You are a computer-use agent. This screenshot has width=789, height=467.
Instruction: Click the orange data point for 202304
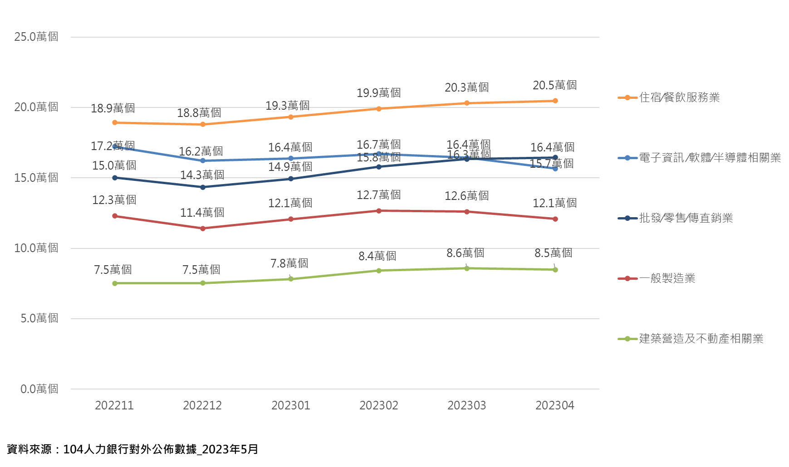pyautogui.click(x=555, y=101)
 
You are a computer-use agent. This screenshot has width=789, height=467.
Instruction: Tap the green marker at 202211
pyautogui.click(x=115, y=283)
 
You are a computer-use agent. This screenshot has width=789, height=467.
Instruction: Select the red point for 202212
pyautogui.click(x=203, y=229)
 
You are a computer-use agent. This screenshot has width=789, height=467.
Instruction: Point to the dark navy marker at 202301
pyautogui.click(x=291, y=179)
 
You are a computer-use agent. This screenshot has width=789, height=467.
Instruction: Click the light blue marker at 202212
pyautogui.click(x=203, y=161)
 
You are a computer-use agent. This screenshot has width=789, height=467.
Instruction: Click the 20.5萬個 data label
pyautogui.click(x=554, y=85)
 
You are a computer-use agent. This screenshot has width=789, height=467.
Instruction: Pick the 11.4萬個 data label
pyautogui.click(x=202, y=212)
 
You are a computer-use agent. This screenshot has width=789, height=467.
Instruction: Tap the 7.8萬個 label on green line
pyautogui.click(x=289, y=263)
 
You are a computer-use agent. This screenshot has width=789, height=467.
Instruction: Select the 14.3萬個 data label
pyautogui.click(x=202, y=175)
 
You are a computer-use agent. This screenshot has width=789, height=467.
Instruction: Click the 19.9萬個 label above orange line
pyautogui.click(x=378, y=93)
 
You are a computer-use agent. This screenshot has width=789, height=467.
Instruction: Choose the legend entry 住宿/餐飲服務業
pyautogui.click(x=679, y=97)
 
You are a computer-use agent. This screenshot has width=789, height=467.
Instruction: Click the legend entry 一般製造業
pyautogui.click(x=667, y=278)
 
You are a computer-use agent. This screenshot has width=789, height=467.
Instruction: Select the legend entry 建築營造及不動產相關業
pyautogui.click(x=701, y=339)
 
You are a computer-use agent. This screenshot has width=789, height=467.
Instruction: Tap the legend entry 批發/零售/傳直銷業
pyautogui.click(x=686, y=218)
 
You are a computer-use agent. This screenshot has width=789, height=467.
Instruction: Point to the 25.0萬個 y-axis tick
pyautogui.click(x=36, y=37)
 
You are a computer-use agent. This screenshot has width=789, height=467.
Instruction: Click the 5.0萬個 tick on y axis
pyautogui.click(x=39, y=318)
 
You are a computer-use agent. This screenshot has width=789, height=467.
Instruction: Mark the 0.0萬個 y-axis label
pyautogui.click(x=39, y=389)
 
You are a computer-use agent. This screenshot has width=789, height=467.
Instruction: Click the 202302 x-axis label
pyautogui.click(x=378, y=405)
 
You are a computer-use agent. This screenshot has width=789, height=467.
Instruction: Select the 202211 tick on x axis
pyautogui.click(x=114, y=405)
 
